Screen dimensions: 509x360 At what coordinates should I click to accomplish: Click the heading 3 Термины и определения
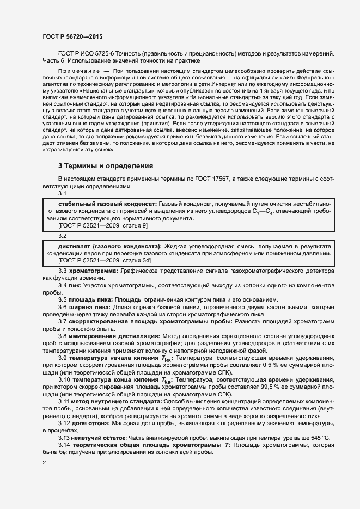(x=106, y=165)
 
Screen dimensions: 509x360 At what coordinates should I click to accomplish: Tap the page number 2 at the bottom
(x=44, y=463)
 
